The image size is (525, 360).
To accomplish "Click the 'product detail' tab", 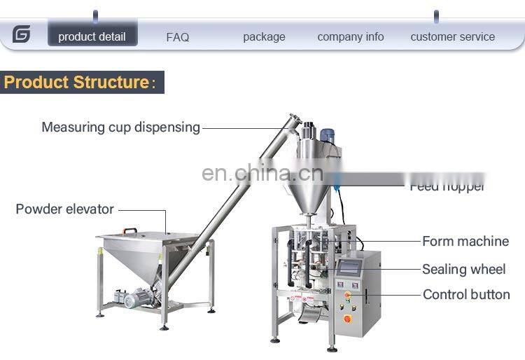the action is (92, 36).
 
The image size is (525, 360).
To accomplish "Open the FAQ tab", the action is (178, 37).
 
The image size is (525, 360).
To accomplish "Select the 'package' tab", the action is (264, 37).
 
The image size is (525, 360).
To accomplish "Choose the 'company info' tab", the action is (350, 37).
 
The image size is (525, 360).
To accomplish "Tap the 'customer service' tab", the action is (452, 37).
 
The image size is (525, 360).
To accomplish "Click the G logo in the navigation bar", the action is (22, 34).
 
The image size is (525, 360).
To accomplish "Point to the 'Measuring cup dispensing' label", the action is (120, 127).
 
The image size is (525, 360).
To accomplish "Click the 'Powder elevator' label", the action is (64, 209).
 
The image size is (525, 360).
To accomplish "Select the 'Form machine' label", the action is (465, 242).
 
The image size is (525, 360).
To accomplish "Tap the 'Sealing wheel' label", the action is (463, 269).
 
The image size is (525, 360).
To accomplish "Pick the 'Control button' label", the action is (466, 295).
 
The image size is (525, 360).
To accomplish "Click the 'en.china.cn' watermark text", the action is (262, 172).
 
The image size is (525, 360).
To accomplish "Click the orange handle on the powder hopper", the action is (130, 230).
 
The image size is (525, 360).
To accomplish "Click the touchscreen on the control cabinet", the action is (349, 267).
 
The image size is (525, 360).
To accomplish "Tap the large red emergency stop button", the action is (347, 319).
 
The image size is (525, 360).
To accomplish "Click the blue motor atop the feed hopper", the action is (327, 135).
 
